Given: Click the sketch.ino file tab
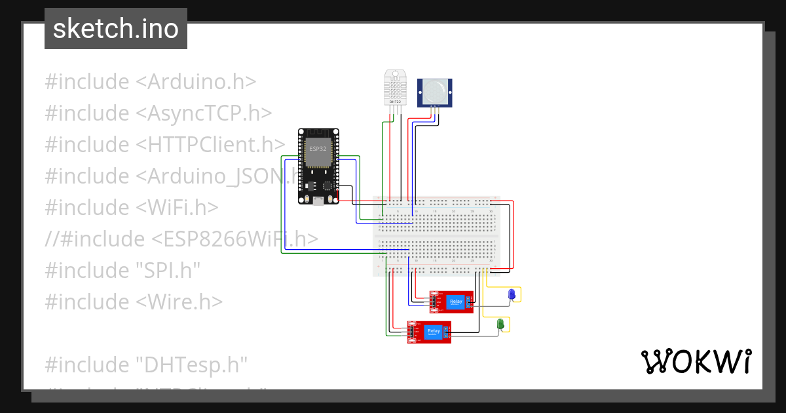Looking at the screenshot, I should tap(116, 29).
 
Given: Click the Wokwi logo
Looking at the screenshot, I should tap(696, 361).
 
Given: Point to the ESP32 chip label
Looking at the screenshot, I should tap(318, 148).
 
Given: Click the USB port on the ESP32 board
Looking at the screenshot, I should tap(318, 201).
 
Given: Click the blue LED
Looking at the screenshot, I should tap(512, 296).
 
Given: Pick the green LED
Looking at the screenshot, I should tap(500, 324).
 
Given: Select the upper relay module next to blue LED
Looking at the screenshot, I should tap(452, 302).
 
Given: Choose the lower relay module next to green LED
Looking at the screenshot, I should tap(430, 332).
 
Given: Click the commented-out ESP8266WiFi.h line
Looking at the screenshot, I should tap(181, 239).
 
